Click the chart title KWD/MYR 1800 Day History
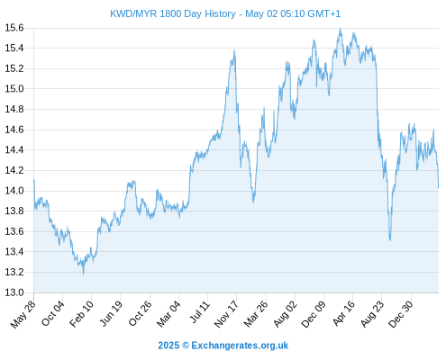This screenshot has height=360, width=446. (173, 13)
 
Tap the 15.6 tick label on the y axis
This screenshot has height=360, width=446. (14, 28)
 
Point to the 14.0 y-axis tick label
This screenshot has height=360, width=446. (14, 191)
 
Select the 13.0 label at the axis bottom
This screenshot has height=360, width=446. (14, 292)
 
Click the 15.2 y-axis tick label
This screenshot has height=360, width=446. (14, 68)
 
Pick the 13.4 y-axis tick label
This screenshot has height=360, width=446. (14, 252)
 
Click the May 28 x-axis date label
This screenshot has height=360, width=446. (23, 314)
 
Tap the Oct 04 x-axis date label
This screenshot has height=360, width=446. (53, 313)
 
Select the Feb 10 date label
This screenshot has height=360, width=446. (81, 314)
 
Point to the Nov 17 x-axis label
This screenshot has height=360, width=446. (226, 314)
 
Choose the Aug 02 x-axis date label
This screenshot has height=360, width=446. (285, 314)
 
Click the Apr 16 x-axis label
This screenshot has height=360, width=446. (343, 313)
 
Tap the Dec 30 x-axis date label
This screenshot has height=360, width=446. (401, 314)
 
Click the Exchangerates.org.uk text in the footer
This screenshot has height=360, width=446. (240, 346)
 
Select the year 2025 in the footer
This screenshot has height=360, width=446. (168, 346)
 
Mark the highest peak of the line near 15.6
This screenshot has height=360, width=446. (341, 28)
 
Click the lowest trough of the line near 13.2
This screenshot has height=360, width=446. (83, 274)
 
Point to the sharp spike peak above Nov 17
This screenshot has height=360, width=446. (234, 50)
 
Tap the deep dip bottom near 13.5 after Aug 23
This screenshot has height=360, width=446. (390, 240)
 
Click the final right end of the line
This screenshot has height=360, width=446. (439, 188)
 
